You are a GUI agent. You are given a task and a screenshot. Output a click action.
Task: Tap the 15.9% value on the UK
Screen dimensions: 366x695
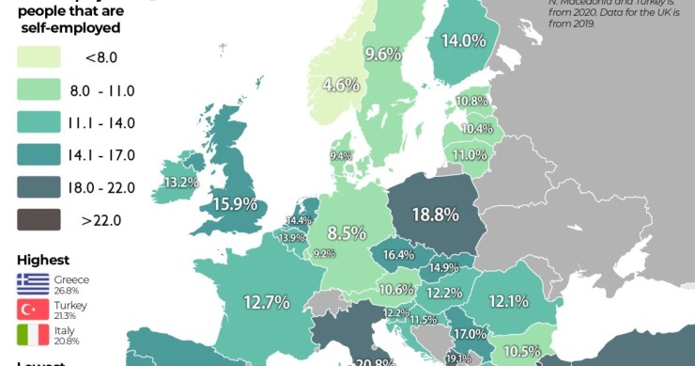point(235,202)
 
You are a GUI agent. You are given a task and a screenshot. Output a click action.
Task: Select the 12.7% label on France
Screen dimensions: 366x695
point(266,302)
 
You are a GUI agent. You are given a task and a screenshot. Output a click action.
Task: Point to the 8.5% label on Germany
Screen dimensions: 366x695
point(347,232)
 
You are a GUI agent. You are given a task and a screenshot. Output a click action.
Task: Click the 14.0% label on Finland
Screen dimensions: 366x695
point(464,41)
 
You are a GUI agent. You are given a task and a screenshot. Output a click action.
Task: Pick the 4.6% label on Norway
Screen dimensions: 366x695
point(341,84)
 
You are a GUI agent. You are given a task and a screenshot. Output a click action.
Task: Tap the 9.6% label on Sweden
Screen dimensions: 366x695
point(383,54)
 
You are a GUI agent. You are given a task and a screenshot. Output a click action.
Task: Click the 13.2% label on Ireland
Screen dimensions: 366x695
point(180,182)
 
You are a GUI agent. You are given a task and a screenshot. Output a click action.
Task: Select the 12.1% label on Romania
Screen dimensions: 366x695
point(508,301)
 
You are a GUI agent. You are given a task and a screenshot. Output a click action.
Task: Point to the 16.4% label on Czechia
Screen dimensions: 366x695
point(397,254)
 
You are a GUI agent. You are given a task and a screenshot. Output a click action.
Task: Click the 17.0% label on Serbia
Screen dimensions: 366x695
point(470,333)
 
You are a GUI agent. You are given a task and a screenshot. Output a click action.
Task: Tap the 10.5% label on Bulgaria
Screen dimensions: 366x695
point(528,351)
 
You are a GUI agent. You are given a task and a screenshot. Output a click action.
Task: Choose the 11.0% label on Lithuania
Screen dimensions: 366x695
point(470,155)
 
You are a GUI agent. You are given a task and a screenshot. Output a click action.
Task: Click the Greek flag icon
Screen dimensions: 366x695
point(33,283)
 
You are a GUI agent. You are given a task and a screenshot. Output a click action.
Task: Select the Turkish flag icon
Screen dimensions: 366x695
point(33,310)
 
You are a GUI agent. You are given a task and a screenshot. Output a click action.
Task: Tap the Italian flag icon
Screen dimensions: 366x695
point(33,335)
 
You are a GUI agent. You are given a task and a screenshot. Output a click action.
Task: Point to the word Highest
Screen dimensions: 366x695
point(43,260)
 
